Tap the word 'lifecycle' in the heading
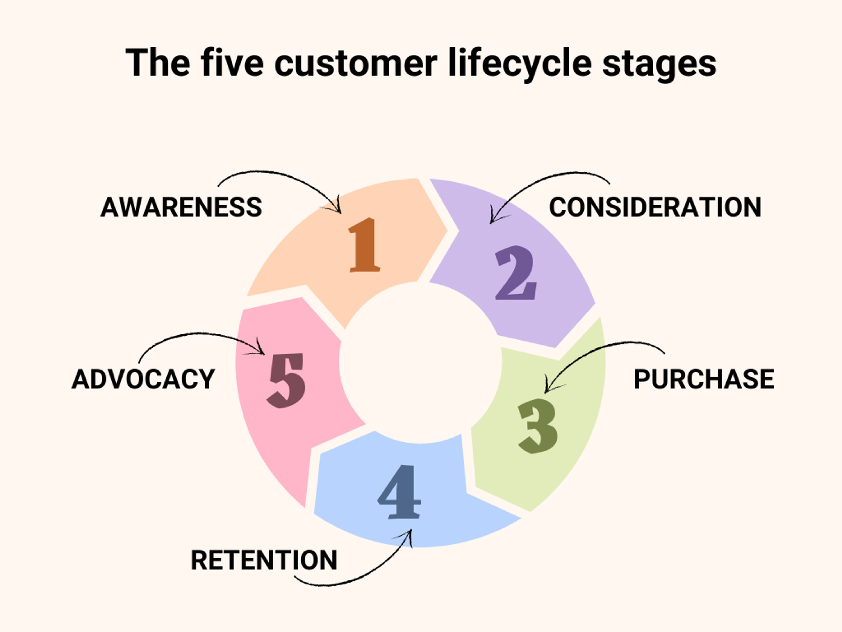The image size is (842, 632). [520, 63]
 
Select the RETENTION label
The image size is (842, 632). [264, 560]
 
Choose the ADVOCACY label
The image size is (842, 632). [143, 379]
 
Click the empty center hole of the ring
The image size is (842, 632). [420, 363]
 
